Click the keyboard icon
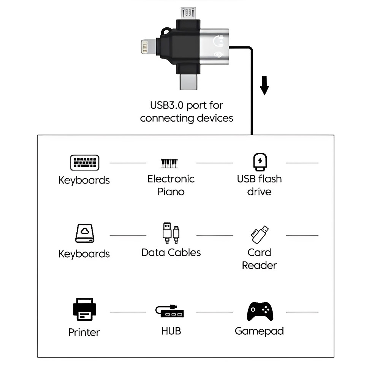coord(84,163)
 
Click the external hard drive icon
coord(84,234)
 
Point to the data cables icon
coord(171,233)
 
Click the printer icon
coord(84,309)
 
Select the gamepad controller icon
coord(260,311)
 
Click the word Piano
coord(171,191)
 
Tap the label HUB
coord(171,331)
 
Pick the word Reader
coord(260,265)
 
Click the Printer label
coord(84,332)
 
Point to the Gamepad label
coord(259,331)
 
